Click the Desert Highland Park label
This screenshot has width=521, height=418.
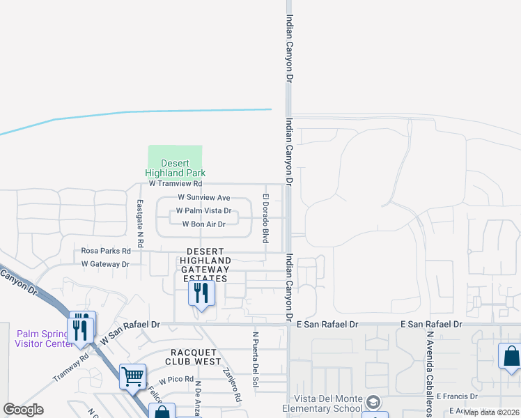(175, 168)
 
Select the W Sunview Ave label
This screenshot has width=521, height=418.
(203, 198)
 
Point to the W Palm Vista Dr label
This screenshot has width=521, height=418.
(203, 210)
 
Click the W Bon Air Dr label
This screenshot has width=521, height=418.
(203, 224)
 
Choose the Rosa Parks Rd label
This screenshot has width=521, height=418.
(106, 251)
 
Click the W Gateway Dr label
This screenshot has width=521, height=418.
(105, 264)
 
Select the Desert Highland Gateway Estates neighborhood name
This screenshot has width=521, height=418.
(205, 265)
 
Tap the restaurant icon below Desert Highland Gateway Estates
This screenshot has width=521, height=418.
(201, 293)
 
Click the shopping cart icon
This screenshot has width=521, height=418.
(132, 376)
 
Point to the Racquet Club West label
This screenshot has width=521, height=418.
(194, 356)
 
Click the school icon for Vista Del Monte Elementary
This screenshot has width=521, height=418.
(374, 403)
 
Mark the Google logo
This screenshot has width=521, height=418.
(24, 410)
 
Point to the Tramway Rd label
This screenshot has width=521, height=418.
(71, 368)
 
